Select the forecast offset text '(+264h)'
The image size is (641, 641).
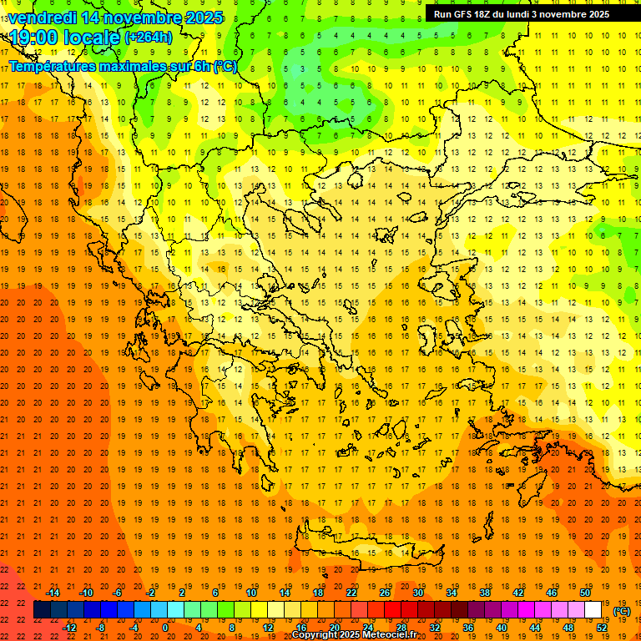(x=149, y=37)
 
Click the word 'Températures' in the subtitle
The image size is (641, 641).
(x=52, y=66)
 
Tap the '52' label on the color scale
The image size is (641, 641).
(x=602, y=628)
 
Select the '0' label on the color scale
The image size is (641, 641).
(x=164, y=628)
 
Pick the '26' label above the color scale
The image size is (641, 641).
(x=385, y=592)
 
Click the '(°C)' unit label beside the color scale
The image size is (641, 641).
(x=622, y=611)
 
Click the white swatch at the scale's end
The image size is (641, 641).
(x=593, y=610)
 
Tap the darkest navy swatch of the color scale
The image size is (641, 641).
(x=42, y=610)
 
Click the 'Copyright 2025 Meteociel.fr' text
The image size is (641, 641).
(x=354, y=635)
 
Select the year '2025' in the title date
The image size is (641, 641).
(x=204, y=18)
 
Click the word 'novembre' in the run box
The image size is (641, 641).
(x=562, y=13)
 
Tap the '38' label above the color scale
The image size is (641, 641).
(x=485, y=592)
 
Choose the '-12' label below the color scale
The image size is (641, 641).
(x=69, y=628)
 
